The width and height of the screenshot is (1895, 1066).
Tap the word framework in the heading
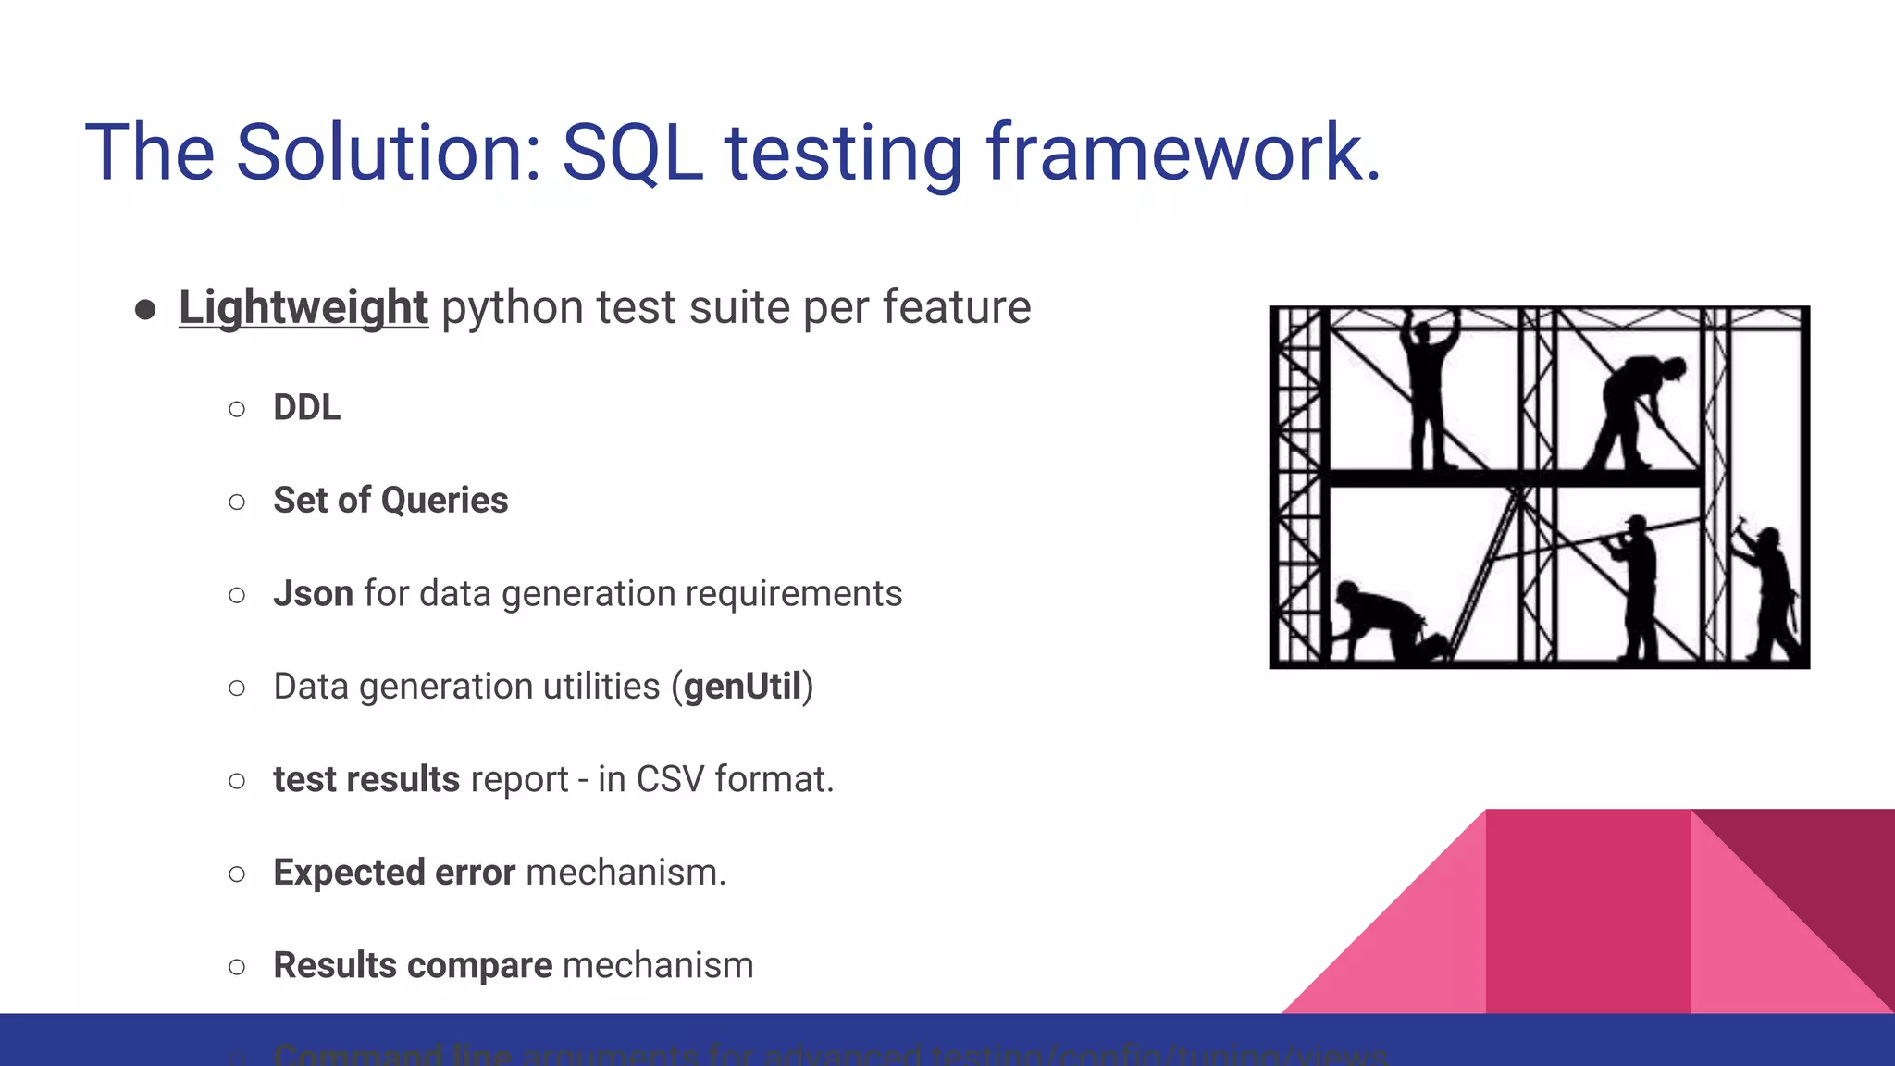pos(1183,153)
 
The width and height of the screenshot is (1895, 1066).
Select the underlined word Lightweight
pos(303,307)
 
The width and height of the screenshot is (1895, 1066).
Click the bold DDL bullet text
pos(306,408)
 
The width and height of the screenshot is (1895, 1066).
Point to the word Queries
pos(444,501)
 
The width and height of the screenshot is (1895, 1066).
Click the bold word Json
pos(313,594)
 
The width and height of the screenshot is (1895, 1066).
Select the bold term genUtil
pos(742,687)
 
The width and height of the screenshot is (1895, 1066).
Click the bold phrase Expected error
pos(394,873)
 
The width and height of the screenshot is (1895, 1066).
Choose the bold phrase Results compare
pos(413,965)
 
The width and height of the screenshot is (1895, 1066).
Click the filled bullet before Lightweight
pos(144,309)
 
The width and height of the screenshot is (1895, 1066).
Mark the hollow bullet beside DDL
pos(237,409)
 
